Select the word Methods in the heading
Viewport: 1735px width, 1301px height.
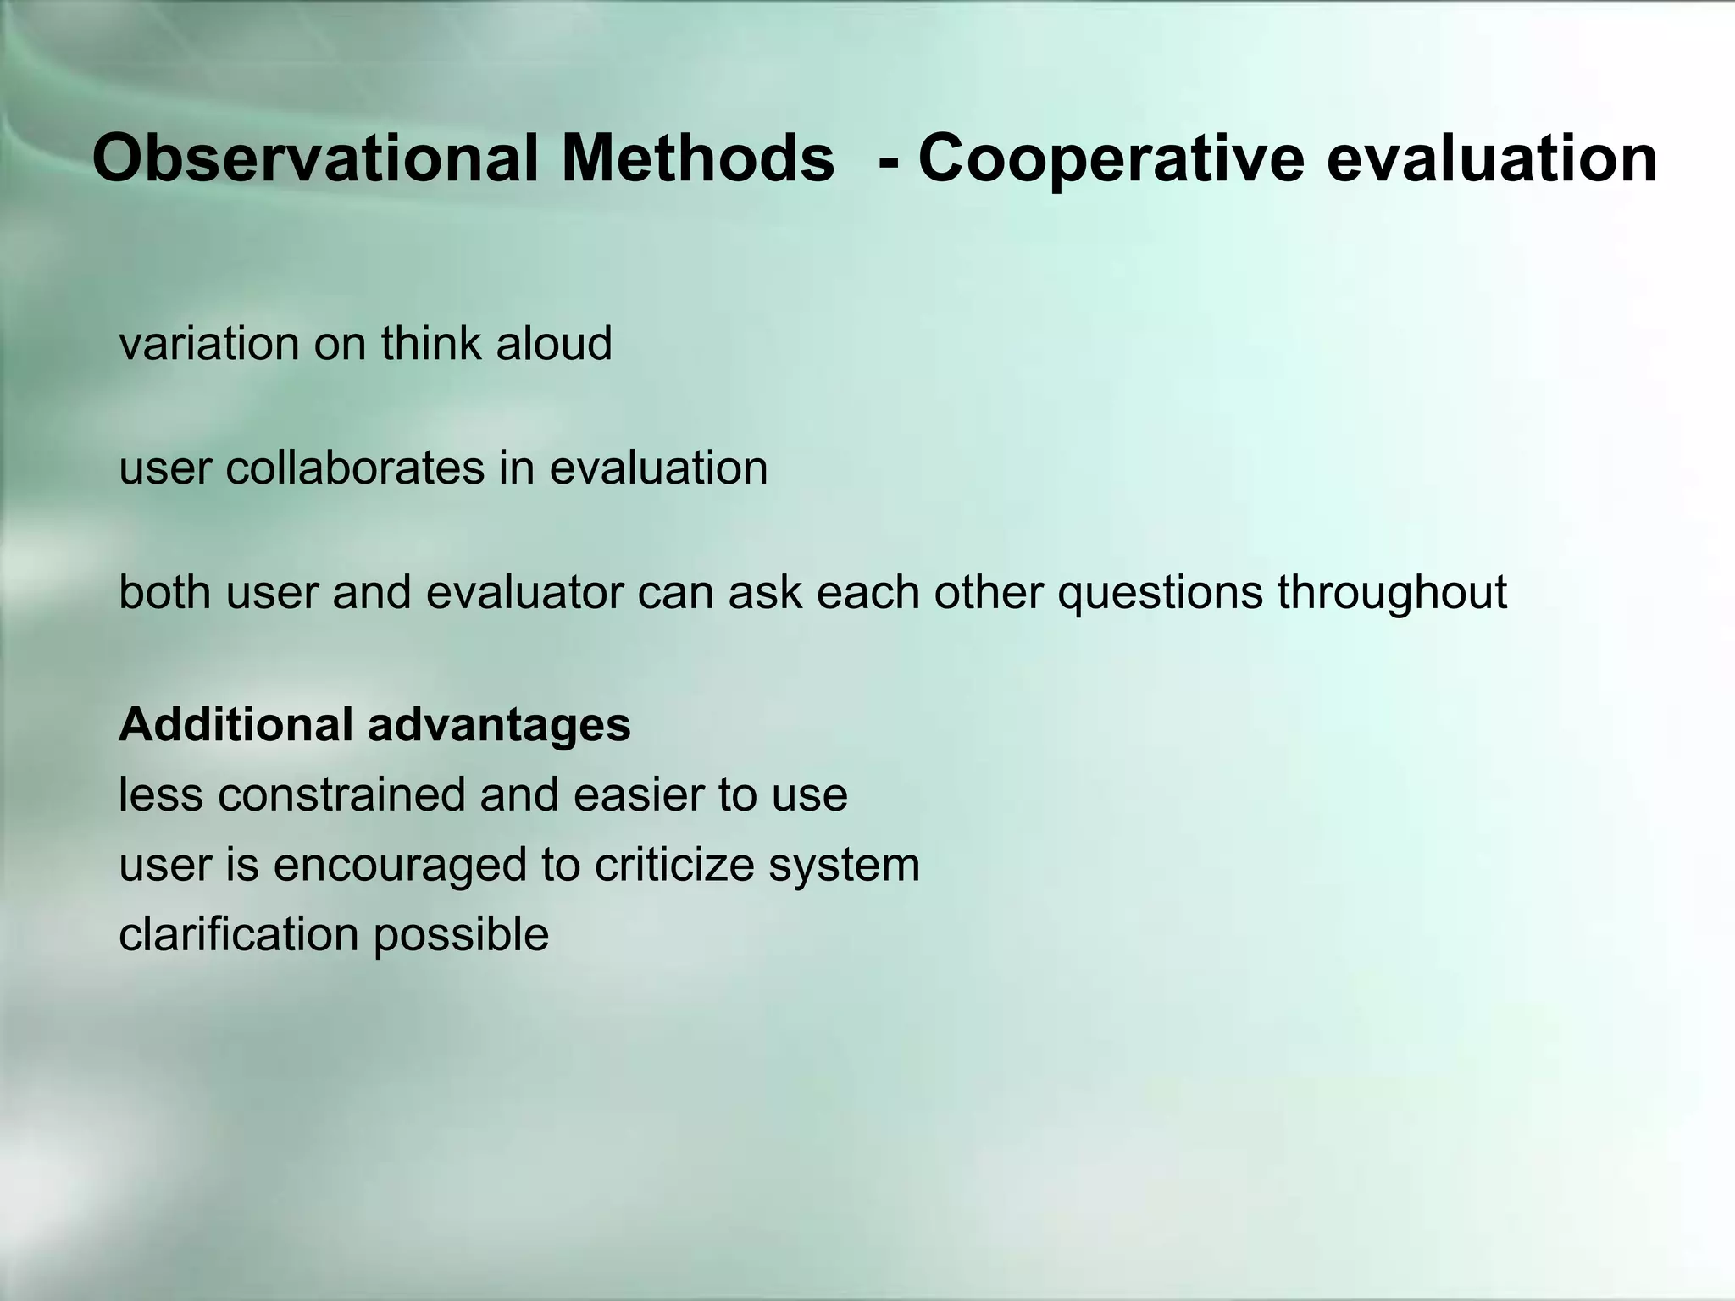point(697,158)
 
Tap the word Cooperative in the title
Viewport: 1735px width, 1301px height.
point(1111,158)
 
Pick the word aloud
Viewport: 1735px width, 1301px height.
point(554,344)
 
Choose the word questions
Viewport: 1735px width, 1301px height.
point(1160,592)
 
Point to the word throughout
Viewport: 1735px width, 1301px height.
point(1392,592)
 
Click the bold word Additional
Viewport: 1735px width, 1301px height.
point(236,725)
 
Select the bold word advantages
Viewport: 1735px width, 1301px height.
point(499,725)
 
